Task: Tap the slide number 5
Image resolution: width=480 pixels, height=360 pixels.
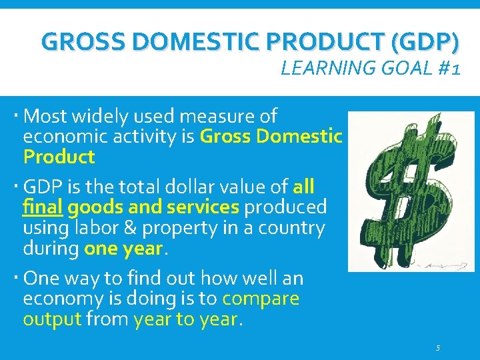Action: pos(438,348)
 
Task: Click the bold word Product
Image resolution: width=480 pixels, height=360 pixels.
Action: pos(59,157)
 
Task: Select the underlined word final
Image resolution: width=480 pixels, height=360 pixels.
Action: pos(43,207)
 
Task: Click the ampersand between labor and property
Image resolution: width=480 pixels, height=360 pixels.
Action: pos(149,228)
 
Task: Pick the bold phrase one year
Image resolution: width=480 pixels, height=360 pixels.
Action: pos(123,249)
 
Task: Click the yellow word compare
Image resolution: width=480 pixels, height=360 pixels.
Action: pos(261,299)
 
